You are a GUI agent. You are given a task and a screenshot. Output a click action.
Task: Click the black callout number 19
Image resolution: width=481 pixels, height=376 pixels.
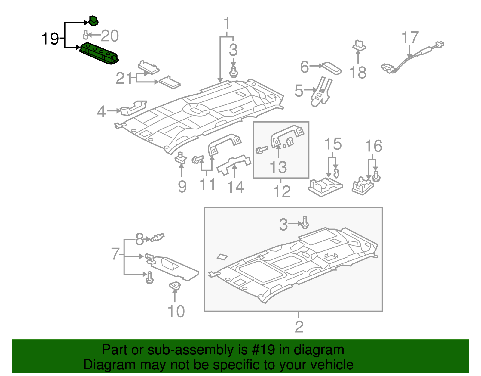pyautogui.click(x=50, y=39)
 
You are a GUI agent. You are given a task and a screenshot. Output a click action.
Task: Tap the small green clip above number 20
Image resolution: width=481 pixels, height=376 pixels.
pyautogui.click(x=93, y=21)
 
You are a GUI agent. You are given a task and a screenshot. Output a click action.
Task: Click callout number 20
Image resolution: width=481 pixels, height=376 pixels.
pyautogui.click(x=110, y=36)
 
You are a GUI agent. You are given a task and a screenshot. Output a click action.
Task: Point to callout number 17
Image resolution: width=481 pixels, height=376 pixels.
pyautogui.click(x=410, y=38)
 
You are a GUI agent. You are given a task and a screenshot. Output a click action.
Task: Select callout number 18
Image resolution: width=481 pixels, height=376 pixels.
pyautogui.click(x=358, y=73)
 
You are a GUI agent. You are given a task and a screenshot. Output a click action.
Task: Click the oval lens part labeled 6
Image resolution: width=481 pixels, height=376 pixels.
pyautogui.click(x=332, y=68)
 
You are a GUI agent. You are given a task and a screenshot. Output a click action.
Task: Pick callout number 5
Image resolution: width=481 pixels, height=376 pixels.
pyautogui.click(x=299, y=91)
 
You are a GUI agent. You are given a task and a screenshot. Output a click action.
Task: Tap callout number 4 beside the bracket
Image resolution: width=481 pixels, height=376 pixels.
pyautogui.click(x=101, y=112)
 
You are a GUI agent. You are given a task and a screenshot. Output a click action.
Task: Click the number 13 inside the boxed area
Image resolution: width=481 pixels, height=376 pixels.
pyautogui.click(x=278, y=167)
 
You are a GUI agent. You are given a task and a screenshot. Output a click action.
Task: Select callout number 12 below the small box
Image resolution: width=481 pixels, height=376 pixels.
pyautogui.click(x=282, y=191)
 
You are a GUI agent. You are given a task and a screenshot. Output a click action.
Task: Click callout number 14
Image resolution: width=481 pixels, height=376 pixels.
pyautogui.click(x=235, y=187)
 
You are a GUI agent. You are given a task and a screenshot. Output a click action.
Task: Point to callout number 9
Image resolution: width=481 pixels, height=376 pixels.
pyautogui.click(x=182, y=187)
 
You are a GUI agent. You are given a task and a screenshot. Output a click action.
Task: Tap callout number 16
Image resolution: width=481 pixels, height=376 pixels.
pyautogui.click(x=373, y=146)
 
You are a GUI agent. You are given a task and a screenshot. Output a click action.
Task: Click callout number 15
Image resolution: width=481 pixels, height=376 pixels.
pyautogui.click(x=333, y=144)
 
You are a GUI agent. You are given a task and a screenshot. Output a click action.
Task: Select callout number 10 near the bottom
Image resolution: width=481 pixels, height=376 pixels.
pyautogui.click(x=176, y=312)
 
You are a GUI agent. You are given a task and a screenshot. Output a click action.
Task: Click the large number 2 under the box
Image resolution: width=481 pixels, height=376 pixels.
pyautogui.click(x=299, y=327)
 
